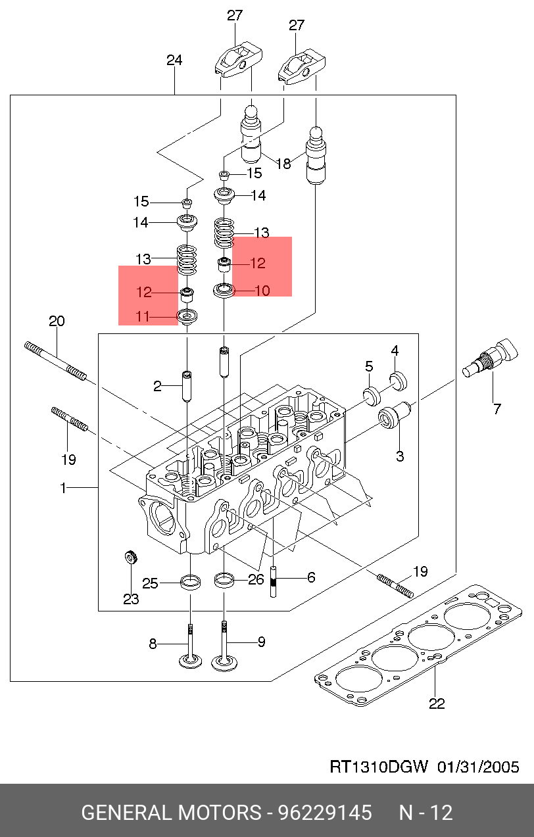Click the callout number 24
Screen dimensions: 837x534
pos(174,60)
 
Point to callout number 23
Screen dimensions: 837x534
pos(130,599)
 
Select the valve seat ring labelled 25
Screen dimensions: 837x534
pos(191,581)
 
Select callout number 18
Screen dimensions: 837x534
pos(283,163)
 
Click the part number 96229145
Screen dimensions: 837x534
pos(325,813)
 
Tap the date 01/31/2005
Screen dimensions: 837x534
pos(478,767)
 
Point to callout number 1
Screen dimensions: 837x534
pos(63,488)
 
